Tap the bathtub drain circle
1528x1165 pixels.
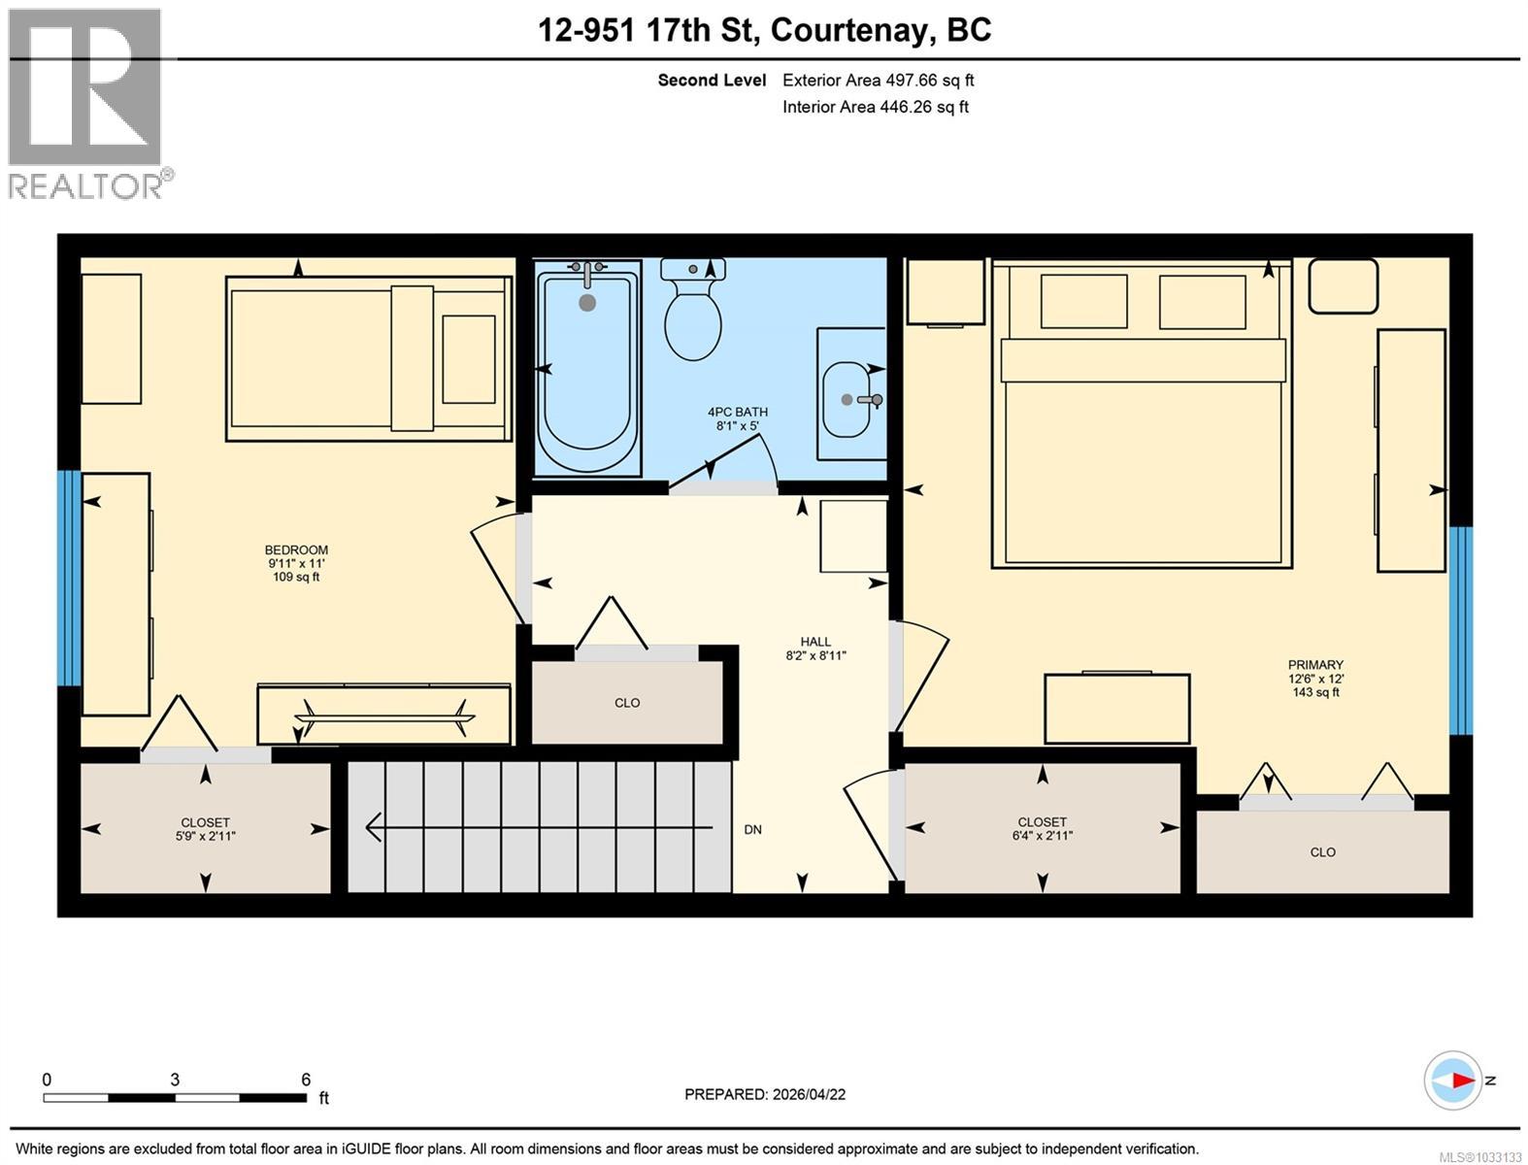586,303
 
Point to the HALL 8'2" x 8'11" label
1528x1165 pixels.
815,649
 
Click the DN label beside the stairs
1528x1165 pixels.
752,830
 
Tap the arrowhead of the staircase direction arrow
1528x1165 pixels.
373,828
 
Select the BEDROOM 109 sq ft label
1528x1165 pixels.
296,563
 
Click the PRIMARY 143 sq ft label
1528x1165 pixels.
1315,679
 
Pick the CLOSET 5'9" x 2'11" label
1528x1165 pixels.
205,829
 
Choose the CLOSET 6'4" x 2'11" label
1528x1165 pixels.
1042,828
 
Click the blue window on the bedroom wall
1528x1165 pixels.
68,578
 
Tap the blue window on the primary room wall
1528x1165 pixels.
1460,630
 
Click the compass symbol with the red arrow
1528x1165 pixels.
1453,1081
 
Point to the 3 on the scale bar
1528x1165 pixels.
175,1080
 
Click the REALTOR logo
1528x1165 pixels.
85,102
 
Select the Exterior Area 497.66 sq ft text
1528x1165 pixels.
878,81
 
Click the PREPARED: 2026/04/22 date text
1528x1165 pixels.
765,1094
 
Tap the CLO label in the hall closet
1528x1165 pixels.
627,703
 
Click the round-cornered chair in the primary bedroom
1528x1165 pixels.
1343,285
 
